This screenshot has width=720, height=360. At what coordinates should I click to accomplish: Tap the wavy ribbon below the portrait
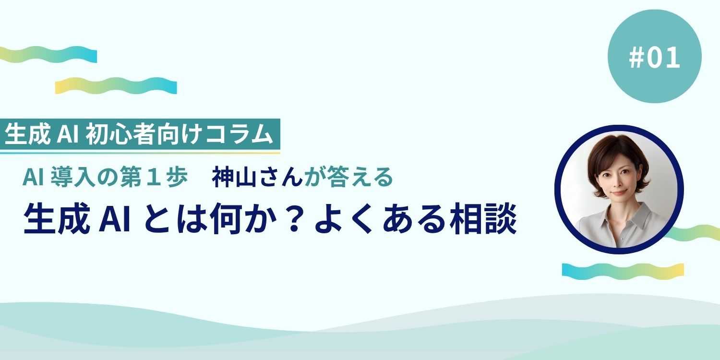(x=623, y=270)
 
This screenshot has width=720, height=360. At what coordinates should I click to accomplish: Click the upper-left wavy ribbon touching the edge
(x=48, y=54)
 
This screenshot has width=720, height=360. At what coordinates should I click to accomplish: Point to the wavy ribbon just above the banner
(x=116, y=85)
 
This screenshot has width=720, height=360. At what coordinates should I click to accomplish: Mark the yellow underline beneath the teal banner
(x=139, y=153)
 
